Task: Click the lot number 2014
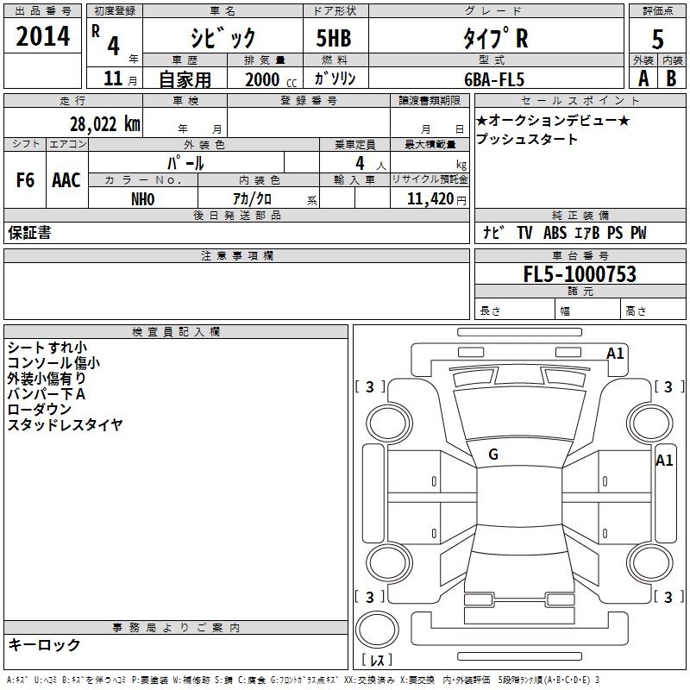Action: coord(42,36)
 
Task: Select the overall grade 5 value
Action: coord(657,39)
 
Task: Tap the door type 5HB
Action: coord(334,38)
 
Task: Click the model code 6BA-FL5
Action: coord(494,79)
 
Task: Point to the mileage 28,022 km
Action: coord(105,124)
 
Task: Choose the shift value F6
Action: coord(25,180)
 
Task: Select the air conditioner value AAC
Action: coord(66,180)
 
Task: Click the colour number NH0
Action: coord(143,199)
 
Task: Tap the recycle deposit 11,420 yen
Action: coord(436,199)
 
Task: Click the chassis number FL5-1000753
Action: coord(580,273)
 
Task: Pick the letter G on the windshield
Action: coord(493,455)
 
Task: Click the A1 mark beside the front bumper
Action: coord(615,354)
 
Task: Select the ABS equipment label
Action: coord(555,233)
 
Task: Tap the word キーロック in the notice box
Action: coord(44,644)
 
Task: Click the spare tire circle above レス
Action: coord(377,629)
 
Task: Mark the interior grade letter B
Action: coord(671,78)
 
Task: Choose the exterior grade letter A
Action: coord(643,78)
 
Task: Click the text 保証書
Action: coord(29,232)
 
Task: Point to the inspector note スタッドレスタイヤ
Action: coord(66,424)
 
